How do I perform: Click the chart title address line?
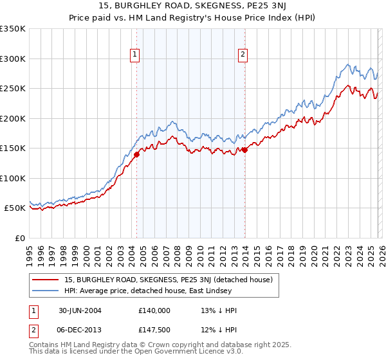(x=192, y=6)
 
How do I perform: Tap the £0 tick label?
(x=18, y=238)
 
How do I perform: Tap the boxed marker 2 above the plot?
(x=243, y=55)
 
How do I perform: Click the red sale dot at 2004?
(x=136, y=154)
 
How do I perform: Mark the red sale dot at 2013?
(x=244, y=150)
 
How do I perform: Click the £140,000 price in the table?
(x=154, y=310)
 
